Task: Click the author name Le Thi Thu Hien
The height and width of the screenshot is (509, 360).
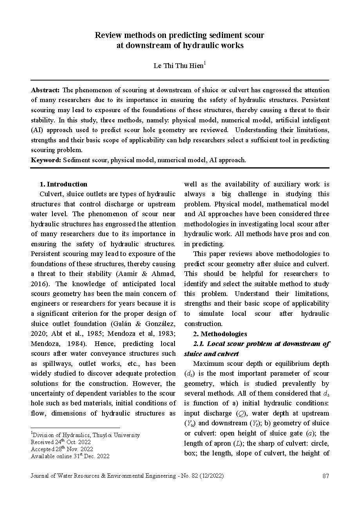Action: tap(178, 66)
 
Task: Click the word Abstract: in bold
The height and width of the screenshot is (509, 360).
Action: tap(45, 90)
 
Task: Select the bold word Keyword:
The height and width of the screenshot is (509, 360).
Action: tap(46, 160)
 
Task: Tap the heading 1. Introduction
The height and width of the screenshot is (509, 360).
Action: tap(63, 184)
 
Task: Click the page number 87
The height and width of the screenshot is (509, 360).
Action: tap(326, 476)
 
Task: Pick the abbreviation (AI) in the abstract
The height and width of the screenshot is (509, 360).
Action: tap(38, 130)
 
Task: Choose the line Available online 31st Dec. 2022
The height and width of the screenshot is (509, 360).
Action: tap(70, 456)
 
